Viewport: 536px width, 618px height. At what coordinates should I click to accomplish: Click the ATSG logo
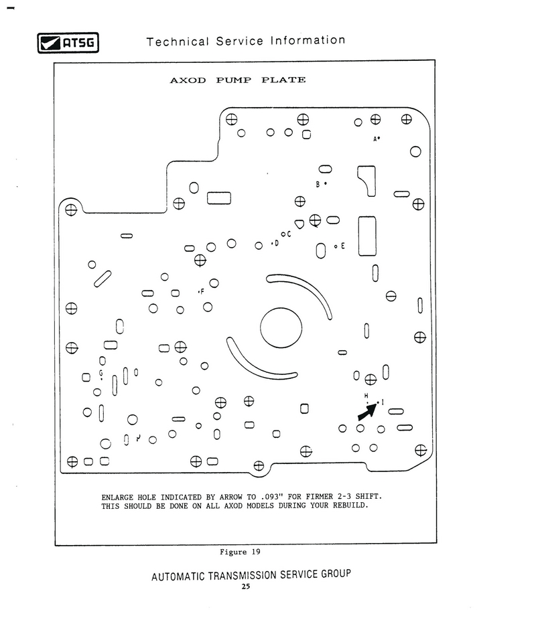68,43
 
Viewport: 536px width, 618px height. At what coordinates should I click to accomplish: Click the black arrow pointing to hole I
368,411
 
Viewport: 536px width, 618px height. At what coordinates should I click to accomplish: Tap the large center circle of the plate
281,328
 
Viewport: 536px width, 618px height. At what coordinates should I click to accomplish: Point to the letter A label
375,139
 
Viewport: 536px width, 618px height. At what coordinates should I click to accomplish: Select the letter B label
318,184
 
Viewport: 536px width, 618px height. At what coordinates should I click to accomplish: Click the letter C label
289,234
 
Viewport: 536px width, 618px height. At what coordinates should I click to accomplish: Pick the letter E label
343,246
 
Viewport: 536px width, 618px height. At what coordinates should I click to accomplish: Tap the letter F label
202,292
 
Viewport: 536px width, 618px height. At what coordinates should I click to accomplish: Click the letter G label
101,372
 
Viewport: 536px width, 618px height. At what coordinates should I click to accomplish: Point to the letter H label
366,395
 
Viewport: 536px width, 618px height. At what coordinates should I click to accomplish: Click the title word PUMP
233,80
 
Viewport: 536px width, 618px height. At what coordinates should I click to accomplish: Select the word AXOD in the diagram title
188,80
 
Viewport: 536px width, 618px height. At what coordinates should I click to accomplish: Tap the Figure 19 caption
240,552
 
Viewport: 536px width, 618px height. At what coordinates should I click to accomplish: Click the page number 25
246,587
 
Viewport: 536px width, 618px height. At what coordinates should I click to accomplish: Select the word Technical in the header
178,42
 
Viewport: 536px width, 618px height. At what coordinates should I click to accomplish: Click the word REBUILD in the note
350,506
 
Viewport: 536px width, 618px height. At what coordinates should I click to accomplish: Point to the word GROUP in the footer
336,574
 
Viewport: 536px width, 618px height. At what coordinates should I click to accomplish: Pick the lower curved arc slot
253,364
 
